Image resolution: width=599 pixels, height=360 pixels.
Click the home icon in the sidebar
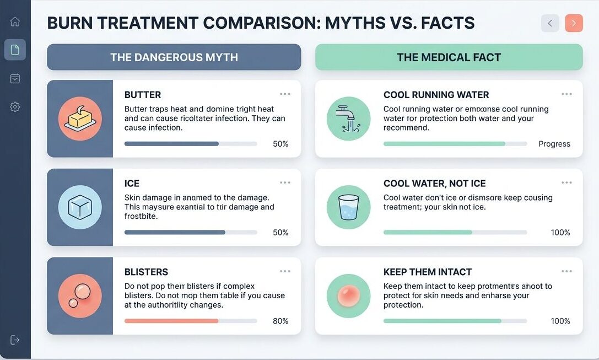[15, 22]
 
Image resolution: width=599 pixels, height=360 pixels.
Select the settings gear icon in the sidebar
[15, 107]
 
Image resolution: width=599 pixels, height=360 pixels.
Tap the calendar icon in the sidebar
[15, 79]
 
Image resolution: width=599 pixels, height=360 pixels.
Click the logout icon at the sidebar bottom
[15, 340]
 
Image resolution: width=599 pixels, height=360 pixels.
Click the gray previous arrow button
[550, 23]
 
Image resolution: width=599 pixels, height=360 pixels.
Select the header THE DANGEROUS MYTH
[174, 57]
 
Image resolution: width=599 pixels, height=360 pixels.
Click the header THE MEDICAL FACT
[449, 57]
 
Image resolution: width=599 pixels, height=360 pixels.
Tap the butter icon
[80, 119]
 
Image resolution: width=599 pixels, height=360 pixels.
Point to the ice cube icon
[80, 207]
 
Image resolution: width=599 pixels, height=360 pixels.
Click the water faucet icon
[348, 119]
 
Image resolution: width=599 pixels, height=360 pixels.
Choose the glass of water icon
[348, 207]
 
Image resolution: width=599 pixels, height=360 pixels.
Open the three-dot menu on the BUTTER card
[285, 94]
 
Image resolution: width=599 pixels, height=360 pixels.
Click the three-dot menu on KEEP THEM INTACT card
[566, 271]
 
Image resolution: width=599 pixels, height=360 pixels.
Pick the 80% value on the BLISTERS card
[280, 321]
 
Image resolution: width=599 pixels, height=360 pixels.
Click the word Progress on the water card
[554, 144]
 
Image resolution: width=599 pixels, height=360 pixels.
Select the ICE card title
[132, 184]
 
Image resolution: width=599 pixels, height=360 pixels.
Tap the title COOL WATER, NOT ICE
[434, 184]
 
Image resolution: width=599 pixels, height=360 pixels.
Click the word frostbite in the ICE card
[141, 217]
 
